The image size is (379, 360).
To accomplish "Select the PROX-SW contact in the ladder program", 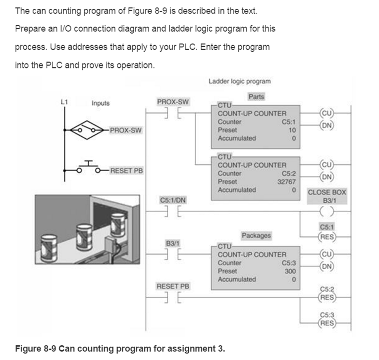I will (171, 113).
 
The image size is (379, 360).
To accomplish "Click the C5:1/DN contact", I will (171, 210).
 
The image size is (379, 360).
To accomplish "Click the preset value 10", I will (292, 130).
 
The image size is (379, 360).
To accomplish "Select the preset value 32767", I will (287, 181).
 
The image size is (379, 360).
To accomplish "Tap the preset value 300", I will (290, 271).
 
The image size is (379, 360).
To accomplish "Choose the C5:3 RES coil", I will (327, 323).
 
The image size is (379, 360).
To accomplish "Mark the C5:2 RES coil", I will (327, 297).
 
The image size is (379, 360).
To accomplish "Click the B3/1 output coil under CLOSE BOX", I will (327, 210).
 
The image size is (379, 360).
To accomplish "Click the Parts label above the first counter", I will (256, 96).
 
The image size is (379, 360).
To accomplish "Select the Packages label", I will (256, 235).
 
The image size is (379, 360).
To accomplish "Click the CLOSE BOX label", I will (327, 192).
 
